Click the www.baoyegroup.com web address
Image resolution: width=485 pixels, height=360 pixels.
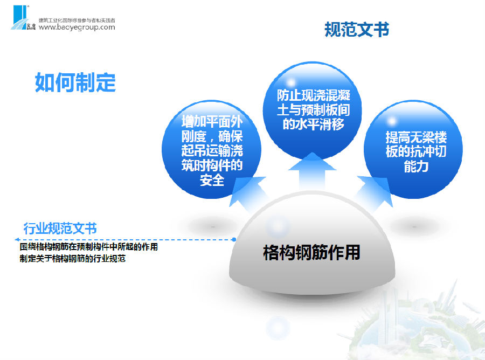pos(77,27)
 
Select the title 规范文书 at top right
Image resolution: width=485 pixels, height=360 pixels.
pos(357,30)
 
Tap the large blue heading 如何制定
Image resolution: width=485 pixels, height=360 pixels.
pos(75,82)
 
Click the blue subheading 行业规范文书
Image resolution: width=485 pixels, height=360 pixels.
pos(60,229)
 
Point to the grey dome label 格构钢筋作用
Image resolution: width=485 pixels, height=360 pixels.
pos(312,252)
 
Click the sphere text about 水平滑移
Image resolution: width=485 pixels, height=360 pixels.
pos(313,110)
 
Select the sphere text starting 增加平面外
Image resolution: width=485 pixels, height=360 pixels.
pos(212,150)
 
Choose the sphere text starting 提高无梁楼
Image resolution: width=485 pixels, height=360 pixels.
pos(416,152)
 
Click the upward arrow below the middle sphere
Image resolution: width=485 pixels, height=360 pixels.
pos(312,172)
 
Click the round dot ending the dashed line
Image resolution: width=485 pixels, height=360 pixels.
pos(234,239)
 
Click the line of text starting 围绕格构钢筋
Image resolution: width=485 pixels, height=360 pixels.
pos(89,247)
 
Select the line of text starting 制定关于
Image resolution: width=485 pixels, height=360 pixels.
pos(73,259)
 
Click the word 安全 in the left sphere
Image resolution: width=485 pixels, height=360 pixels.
pos(212,181)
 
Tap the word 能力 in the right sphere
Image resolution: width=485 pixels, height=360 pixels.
pos(416,167)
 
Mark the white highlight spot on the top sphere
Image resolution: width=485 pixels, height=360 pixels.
pos(291,82)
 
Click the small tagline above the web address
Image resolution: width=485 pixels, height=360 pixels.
pos(77,20)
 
